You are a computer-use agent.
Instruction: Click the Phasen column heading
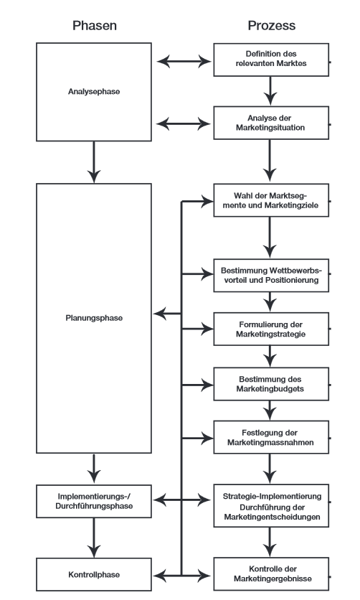point(95,26)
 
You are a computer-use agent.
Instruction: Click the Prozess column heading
point(271,26)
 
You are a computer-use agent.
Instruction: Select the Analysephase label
point(94,91)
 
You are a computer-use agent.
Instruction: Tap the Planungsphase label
point(94,318)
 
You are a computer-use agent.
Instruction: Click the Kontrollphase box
point(94,574)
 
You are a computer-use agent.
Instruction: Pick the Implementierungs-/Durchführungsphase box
point(94,501)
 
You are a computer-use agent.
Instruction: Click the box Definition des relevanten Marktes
point(271,60)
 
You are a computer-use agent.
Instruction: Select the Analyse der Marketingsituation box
point(271,123)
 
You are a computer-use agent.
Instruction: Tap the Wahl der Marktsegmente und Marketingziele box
point(271,200)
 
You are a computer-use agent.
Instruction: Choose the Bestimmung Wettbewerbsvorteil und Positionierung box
point(271,275)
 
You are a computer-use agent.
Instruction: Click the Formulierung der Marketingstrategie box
point(271,329)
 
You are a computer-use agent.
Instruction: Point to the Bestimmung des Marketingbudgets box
point(271,384)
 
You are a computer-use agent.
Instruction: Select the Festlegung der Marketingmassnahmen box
point(271,437)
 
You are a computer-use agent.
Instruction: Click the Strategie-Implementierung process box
point(271,505)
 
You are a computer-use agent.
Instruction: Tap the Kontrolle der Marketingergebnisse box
point(271,574)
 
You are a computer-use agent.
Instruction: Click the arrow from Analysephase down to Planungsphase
point(94,162)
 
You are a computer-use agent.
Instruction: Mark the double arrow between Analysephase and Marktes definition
point(184,61)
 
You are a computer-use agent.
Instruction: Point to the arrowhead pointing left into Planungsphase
point(160,314)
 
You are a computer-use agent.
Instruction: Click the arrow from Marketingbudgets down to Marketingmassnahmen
point(270,411)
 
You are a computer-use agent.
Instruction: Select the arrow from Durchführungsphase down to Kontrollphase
point(94,538)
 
